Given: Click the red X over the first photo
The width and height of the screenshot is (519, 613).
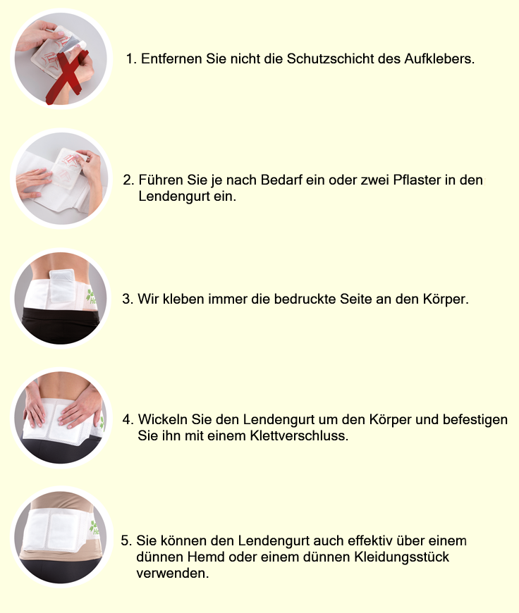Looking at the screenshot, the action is click(x=66, y=76).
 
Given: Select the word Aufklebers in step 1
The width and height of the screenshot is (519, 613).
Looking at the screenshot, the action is click(x=439, y=58).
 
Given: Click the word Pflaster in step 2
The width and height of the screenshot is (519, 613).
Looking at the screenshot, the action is click(x=417, y=180).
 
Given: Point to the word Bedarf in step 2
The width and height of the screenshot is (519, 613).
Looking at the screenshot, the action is click(x=281, y=180).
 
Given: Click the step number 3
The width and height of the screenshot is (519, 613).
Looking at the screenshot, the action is click(x=128, y=299).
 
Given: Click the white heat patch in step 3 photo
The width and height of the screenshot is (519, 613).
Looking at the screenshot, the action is click(x=62, y=285).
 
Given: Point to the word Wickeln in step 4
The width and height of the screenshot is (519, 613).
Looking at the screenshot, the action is click(x=162, y=419).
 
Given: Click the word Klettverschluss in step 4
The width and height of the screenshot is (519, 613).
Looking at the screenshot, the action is click(x=299, y=435).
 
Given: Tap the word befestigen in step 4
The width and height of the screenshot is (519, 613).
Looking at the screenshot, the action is click(x=475, y=419).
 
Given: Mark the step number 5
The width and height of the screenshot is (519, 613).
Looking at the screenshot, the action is click(x=126, y=540).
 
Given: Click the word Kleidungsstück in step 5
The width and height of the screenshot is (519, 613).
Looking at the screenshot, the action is click(x=401, y=557).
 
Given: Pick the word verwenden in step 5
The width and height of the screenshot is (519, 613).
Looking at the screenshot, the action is click(x=172, y=573).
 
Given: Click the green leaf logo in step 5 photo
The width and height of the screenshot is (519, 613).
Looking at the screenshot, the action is click(x=94, y=528).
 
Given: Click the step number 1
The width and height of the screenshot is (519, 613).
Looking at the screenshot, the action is click(x=130, y=58).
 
